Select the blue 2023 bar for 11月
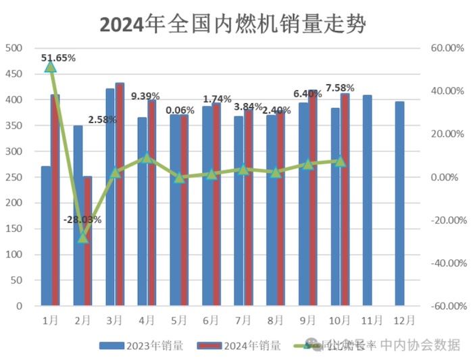[x=368, y=200]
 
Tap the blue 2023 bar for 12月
[x=400, y=203]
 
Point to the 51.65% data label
[x=58, y=58]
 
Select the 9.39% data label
[x=150, y=96]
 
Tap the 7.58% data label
[x=340, y=88]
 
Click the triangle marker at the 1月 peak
[x=51, y=66]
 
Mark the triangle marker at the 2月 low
[x=83, y=237]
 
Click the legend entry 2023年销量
[x=141, y=345]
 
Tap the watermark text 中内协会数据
[x=420, y=345]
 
